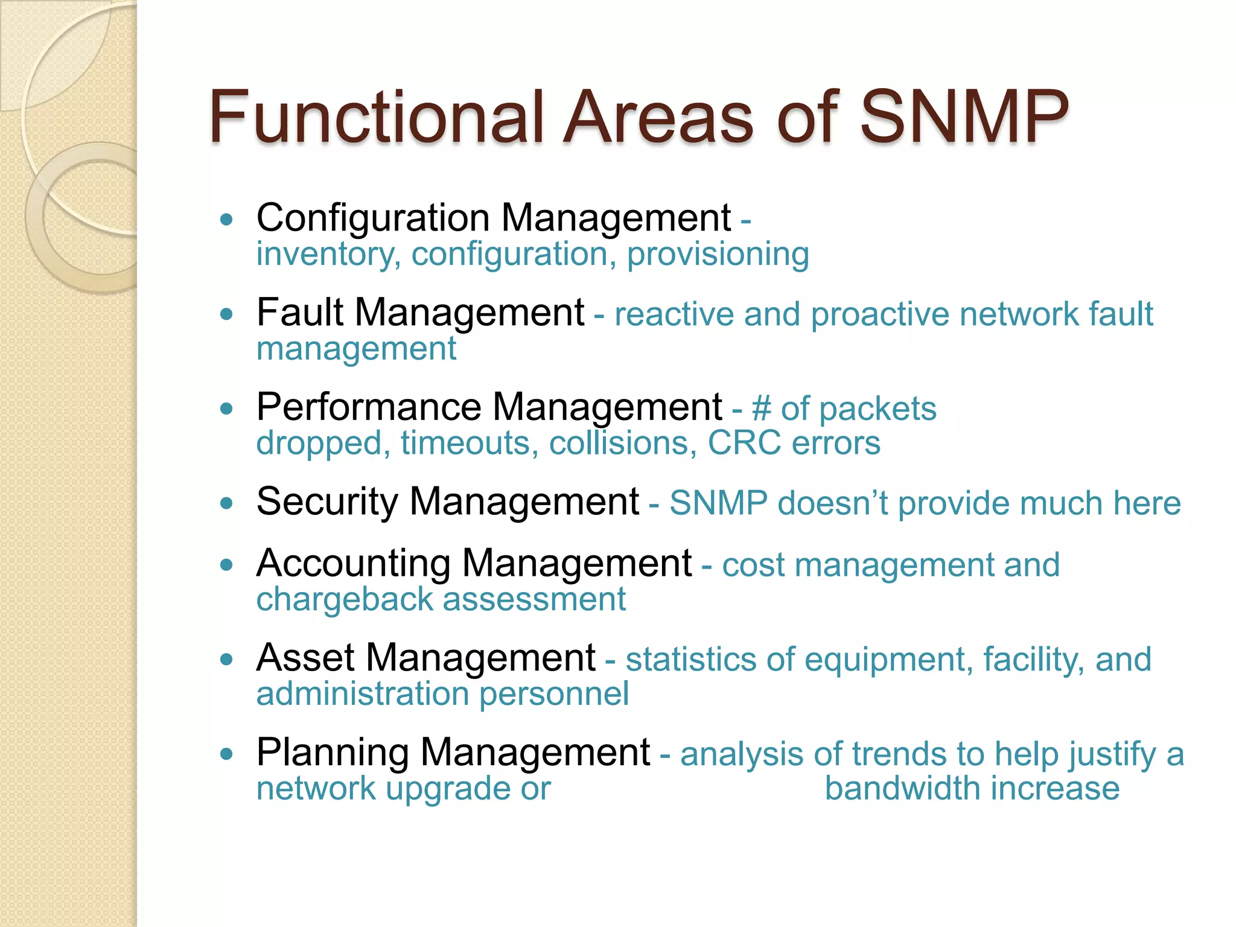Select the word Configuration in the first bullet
pyautogui.click(x=372, y=218)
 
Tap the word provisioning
pyautogui.click(x=718, y=255)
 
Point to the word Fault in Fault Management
pyautogui.click(x=299, y=313)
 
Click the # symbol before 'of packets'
pyautogui.click(x=761, y=409)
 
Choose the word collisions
pyautogui.click(x=619, y=443)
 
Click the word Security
pyautogui.click(x=327, y=502)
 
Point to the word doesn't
pyautogui.click(x=833, y=503)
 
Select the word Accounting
pyautogui.click(x=353, y=564)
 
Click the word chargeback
pyautogui.click(x=345, y=600)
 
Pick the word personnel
pyautogui.click(x=553, y=694)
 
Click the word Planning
pyautogui.click(x=333, y=753)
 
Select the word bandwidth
pyautogui.click(x=903, y=789)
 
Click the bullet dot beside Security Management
pyautogui.click(x=226, y=503)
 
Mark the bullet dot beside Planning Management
pyautogui.click(x=226, y=754)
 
